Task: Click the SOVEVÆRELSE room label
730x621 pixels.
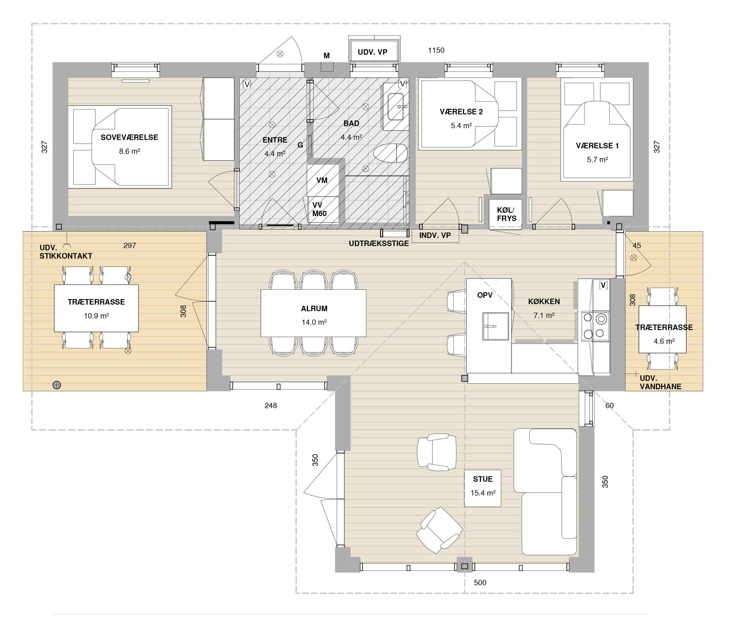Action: pos(129,137)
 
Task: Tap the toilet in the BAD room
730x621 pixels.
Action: pos(390,154)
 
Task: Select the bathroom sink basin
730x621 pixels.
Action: pos(396,107)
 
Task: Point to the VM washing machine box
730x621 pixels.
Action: pos(322,180)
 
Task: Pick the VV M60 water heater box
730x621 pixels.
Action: pos(322,209)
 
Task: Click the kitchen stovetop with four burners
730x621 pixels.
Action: pos(595,326)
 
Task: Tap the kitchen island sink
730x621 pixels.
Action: pos(496,326)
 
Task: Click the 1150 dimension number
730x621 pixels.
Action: pos(436,51)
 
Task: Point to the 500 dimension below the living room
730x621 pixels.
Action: pos(480,583)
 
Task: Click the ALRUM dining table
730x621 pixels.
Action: pos(313,313)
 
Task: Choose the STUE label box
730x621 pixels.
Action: pos(482,488)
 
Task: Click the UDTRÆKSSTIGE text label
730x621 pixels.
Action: pos(378,244)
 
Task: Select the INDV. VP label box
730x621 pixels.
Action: pos(435,236)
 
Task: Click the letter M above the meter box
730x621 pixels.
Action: pos(327,56)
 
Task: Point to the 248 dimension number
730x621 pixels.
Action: pos(271,405)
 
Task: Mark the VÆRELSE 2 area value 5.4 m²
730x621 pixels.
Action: pos(461,126)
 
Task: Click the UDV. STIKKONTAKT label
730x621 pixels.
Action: pos(66,252)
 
